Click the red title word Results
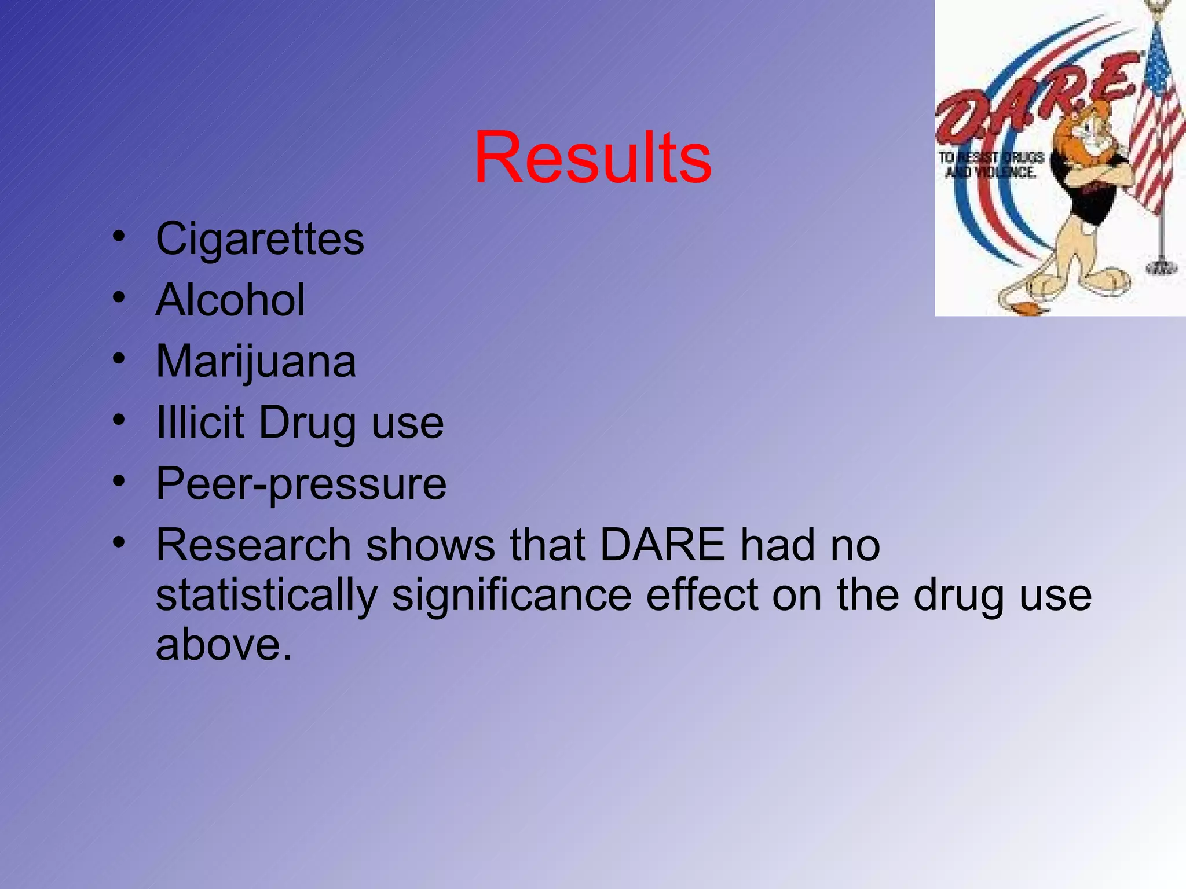[592, 158]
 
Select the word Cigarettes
[260, 239]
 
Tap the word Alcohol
[230, 300]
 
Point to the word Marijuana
[256, 362]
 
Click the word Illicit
[200, 423]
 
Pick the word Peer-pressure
[301, 485]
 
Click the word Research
[254, 545]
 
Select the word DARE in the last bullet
[662, 545]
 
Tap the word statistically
[266, 596]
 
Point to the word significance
[512, 596]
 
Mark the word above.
[223, 645]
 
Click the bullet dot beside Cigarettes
[119, 237]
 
